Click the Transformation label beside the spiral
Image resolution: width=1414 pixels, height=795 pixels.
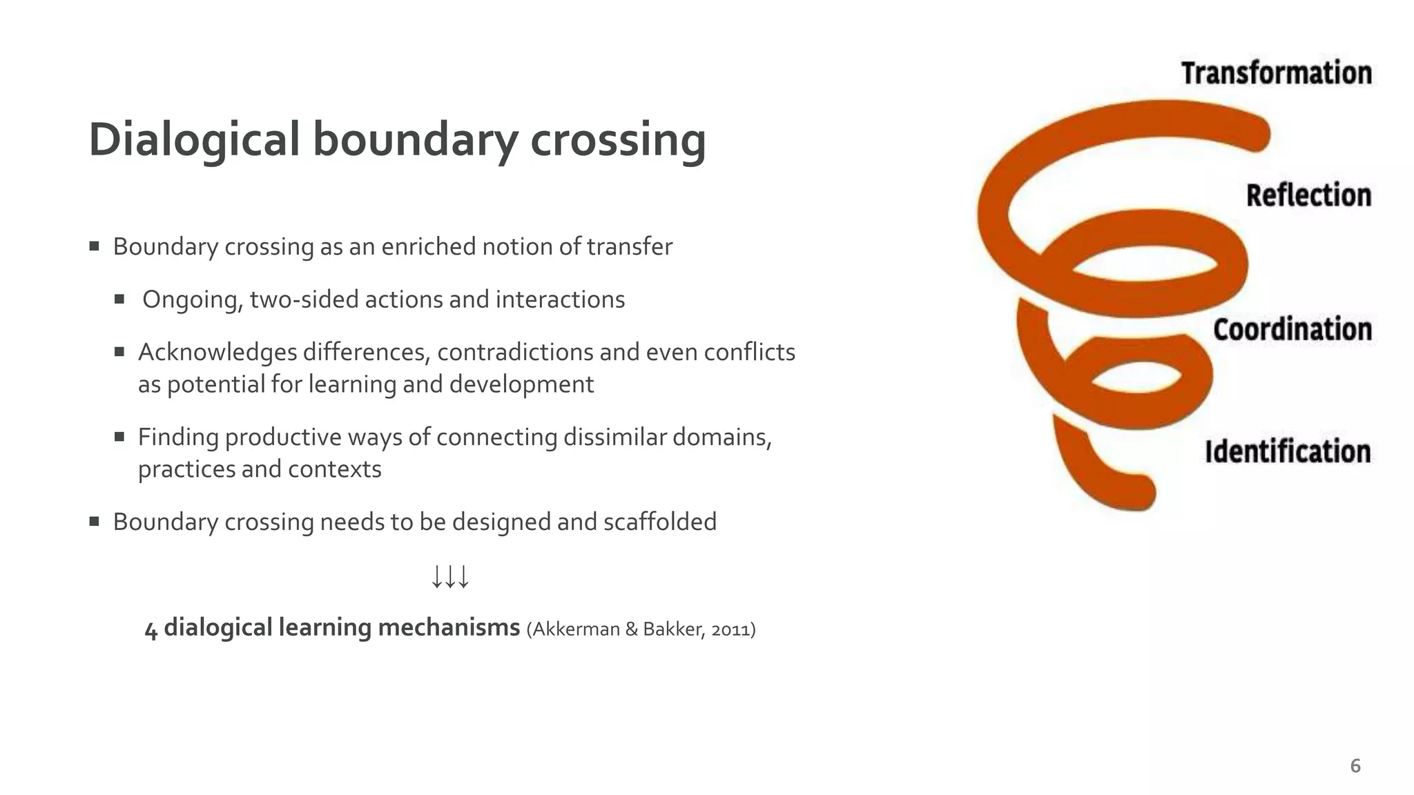[1276, 73]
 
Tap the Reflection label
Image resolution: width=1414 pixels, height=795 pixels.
[1308, 195]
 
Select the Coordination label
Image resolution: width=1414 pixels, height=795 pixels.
[1292, 329]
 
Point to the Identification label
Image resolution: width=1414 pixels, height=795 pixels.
[1288, 451]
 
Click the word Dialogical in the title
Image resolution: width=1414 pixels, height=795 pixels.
[194, 139]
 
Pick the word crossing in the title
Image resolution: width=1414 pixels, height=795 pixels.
[618, 139]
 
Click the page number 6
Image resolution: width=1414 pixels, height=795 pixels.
[1355, 766]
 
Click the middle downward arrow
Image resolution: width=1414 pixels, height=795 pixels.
[450, 576]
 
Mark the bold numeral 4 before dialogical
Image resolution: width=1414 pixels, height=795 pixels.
[151, 629]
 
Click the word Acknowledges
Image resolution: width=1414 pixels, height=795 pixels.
[216, 353]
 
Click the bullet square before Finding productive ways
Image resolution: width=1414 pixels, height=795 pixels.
[119, 437]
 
